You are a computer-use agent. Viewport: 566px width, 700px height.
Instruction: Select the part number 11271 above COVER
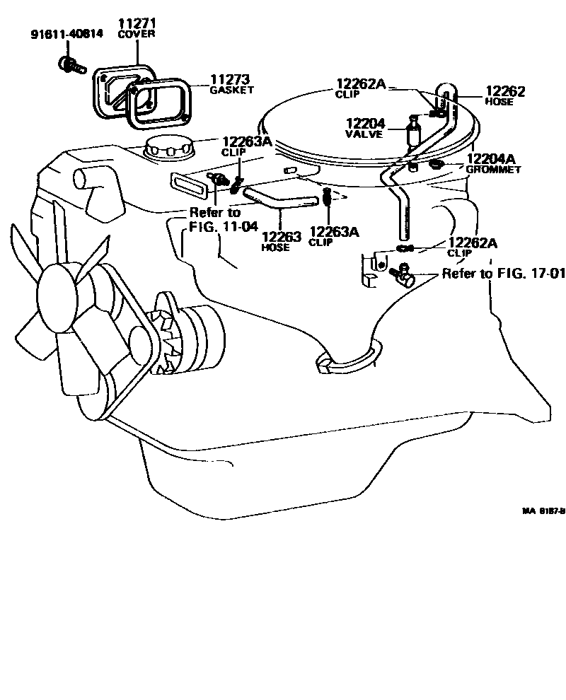137,24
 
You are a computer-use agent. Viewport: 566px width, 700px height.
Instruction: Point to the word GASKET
231,91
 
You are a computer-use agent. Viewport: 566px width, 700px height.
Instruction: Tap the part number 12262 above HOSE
505,91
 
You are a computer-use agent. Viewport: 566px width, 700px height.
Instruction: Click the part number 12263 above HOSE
281,237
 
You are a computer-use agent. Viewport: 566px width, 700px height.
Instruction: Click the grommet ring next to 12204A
436,165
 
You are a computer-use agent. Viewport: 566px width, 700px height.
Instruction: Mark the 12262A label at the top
361,85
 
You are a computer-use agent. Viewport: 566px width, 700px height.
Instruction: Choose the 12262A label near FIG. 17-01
472,243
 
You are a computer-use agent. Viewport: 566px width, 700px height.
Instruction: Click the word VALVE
364,134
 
